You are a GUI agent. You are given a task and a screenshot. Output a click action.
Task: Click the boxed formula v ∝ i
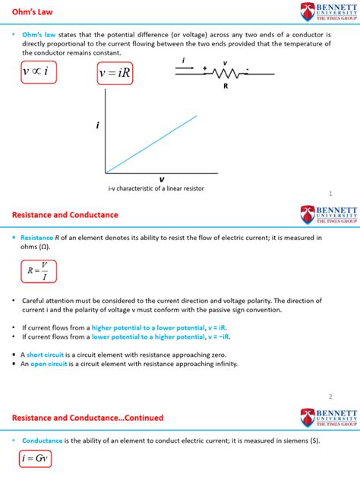click(x=36, y=72)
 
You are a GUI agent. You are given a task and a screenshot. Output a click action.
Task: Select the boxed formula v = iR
click(x=115, y=74)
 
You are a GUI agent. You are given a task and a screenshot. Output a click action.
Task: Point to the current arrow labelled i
click(x=185, y=67)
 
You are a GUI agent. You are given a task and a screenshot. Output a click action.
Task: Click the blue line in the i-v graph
click(x=152, y=144)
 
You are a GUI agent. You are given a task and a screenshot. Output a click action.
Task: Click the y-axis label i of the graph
click(x=97, y=126)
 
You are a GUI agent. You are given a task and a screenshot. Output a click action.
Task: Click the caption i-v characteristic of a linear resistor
click(x=156, y=188)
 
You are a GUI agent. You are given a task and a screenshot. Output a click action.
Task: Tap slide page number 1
click(x=331, y=194)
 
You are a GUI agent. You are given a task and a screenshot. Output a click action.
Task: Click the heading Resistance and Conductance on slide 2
click(x=65, y=215)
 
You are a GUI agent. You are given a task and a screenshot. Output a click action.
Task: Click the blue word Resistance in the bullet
click(x=37, y=237)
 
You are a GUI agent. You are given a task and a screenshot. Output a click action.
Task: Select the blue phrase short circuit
click(x=46, y=354)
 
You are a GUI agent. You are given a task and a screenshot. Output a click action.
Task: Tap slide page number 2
click(x=331, y=396)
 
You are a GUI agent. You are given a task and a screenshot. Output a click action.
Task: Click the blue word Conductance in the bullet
click(x=42, y=441)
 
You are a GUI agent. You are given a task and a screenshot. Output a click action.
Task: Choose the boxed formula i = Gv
click(x=35, y=459)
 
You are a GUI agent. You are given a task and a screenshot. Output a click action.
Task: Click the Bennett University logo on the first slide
click(x=330, y=12)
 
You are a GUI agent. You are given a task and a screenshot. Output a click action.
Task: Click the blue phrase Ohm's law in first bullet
click(x=39, y=35)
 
